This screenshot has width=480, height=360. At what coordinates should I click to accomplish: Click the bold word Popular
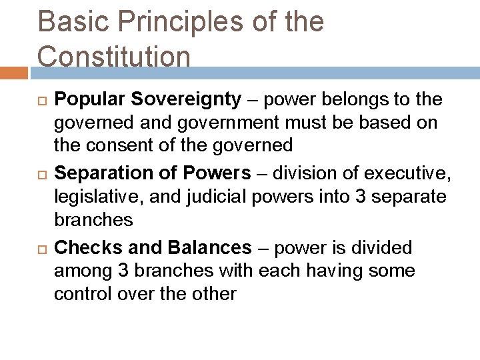(91, 100)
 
